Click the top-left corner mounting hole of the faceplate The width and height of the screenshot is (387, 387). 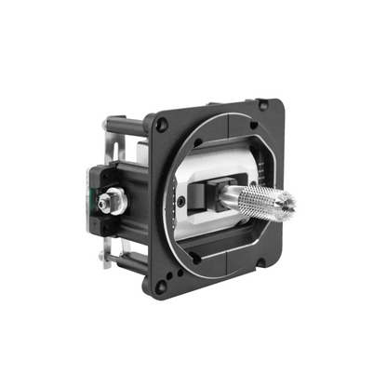pos(161,121)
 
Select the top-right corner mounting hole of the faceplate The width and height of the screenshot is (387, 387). pos(264,105)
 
